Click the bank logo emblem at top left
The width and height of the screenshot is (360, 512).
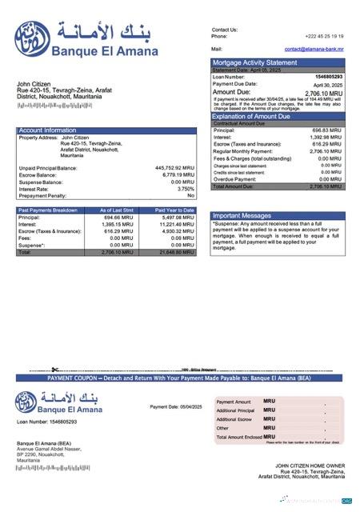[31, 38]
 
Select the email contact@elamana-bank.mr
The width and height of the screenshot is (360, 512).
[314, 49]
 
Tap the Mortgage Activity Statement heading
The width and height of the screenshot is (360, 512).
[254, 62]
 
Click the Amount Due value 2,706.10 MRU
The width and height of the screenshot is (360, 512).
[323, 93]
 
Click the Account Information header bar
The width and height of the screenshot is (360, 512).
[48, 130]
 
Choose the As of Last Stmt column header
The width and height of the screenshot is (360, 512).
[116, 210]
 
